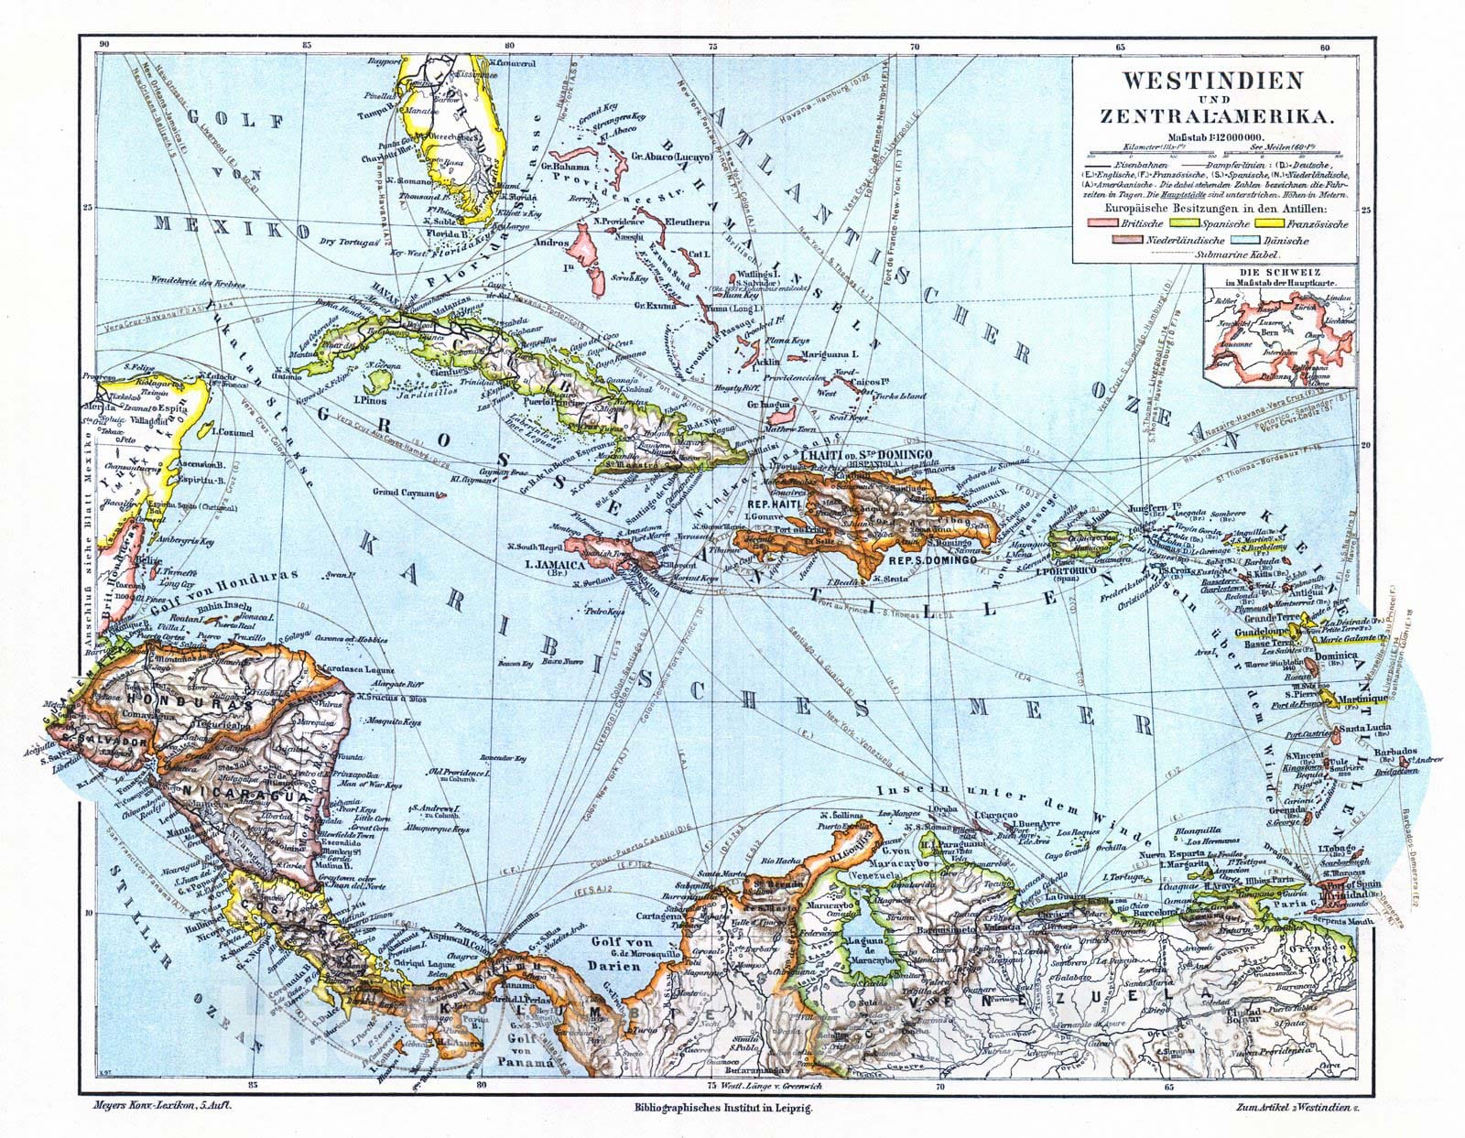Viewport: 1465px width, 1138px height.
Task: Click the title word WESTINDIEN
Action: click(x=1212, y=81)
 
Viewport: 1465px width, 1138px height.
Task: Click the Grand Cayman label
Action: click(x=405, y=493)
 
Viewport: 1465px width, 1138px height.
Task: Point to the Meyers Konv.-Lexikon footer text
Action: click(x=154, y=1106)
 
